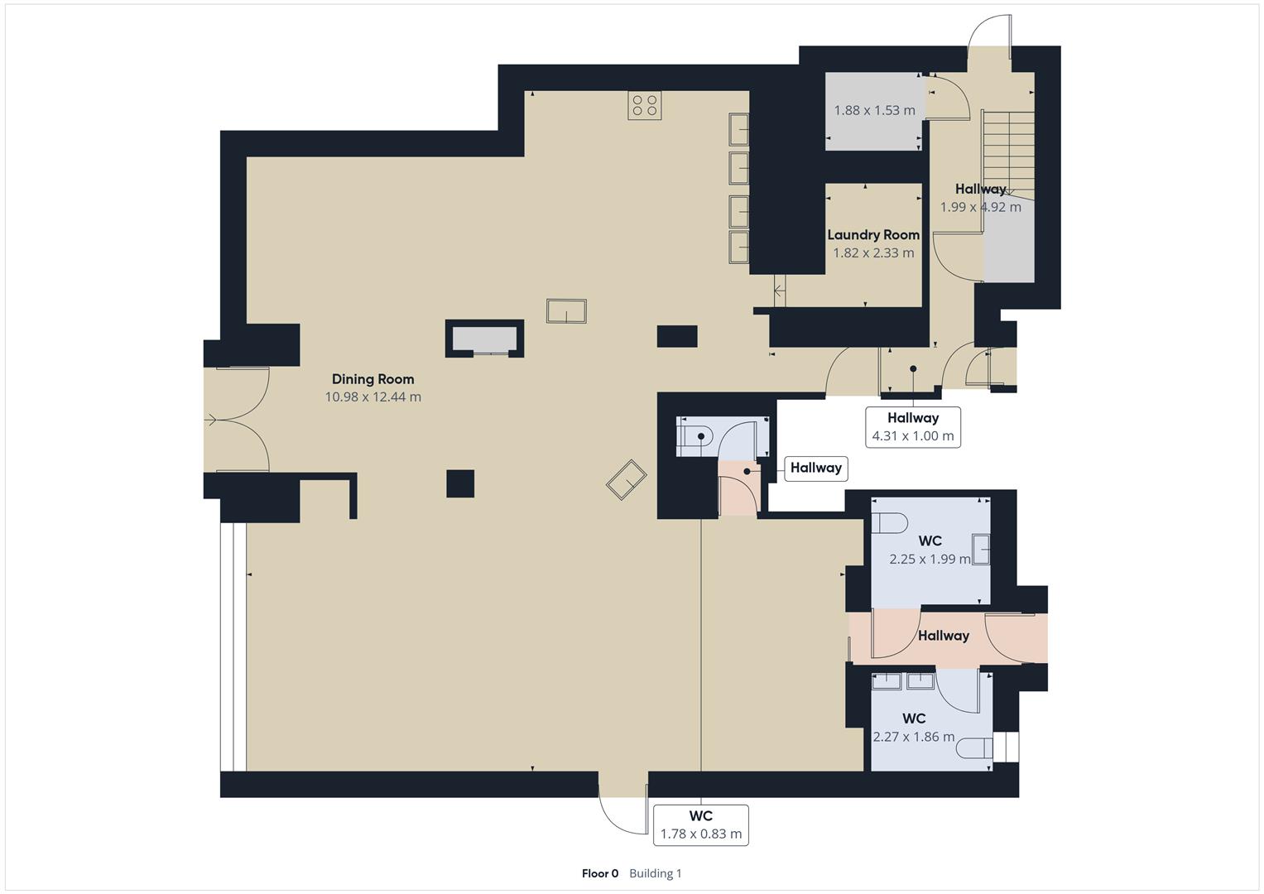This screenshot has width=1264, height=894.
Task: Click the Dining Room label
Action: [372, 379]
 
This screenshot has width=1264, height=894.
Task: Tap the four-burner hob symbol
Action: [644, 106]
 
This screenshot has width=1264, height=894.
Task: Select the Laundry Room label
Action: [873, 235]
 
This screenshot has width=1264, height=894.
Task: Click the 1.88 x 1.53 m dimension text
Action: [874, 110]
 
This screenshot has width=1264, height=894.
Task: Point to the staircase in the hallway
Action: [1008, 153]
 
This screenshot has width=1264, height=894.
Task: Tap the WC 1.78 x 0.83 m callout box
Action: [701, 825]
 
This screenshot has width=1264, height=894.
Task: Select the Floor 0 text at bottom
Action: [600, 873]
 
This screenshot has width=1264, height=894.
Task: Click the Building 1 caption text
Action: [656, 873]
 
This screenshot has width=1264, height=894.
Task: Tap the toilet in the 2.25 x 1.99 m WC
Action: [888, 524]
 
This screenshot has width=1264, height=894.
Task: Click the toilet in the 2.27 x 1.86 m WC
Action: [975, 749]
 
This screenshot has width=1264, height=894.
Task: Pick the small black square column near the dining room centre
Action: [460, 483]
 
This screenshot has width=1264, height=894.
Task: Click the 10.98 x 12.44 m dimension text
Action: [372, 397]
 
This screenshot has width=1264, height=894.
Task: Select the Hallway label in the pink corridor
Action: [943, 636]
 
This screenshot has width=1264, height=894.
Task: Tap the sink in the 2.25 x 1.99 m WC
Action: [981, 550]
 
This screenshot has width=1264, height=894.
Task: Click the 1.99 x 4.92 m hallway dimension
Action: [980, 207]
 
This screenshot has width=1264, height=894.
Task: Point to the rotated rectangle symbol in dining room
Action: [627, 479]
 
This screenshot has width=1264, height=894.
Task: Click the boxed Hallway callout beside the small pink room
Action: [815, 468]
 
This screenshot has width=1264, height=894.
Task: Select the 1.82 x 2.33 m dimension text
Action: [873, 253]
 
